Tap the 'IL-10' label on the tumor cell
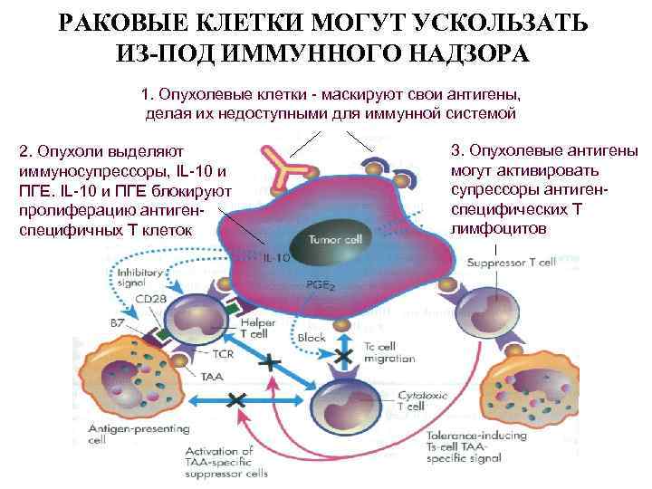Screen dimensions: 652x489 [x=277, y=257]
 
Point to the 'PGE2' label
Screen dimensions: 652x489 [x=320, y=284]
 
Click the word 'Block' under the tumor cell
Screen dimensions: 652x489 [x=311, y=339]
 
